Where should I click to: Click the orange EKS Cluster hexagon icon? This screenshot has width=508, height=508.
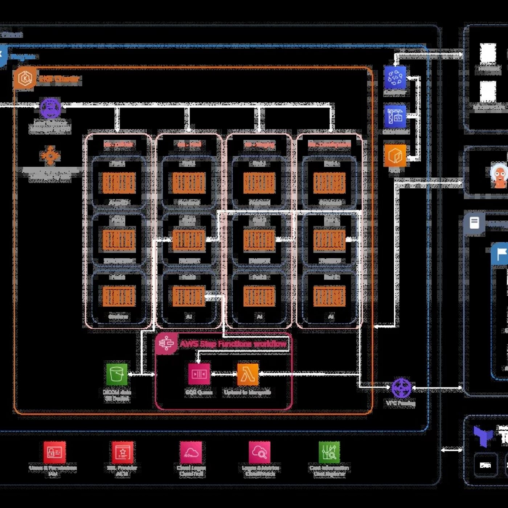(25, 78)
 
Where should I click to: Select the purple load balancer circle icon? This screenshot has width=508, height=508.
(50, 107)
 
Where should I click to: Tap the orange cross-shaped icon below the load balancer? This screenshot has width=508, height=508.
(50, 156)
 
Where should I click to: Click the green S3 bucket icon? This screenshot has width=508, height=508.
(117, 374)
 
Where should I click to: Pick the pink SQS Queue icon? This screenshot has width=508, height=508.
(199, 374)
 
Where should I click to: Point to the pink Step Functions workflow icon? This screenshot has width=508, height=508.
(167, 343)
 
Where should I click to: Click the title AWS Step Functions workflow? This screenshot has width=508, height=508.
(233, 344)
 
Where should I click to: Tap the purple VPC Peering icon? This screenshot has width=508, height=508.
(401, 388)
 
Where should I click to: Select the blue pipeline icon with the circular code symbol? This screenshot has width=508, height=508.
(395, 77)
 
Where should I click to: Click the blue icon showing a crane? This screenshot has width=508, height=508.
(395, 117)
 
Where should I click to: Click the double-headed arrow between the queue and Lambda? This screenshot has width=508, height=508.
(224, 374)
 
